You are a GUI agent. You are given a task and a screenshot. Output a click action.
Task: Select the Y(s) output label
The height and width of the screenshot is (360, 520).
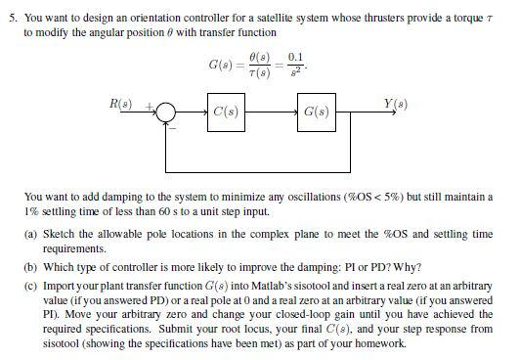(398, 101)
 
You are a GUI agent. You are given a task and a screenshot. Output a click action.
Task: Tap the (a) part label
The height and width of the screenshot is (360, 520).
(31, 235)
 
